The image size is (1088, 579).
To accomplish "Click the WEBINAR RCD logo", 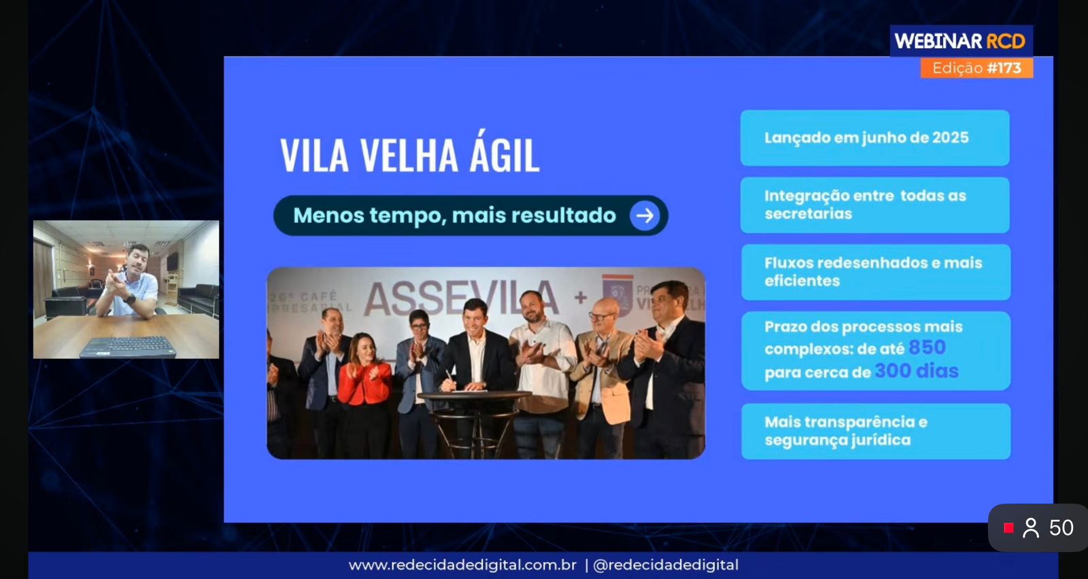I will pyautogui.click(x=959, y=41).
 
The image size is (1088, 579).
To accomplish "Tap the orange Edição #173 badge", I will pyautogui.click(x=976, y=68).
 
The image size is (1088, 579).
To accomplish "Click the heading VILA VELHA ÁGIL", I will pyautogui.click(x=409, y=154).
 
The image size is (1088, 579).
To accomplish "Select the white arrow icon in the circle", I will pyautogui.click(x=645, y=215).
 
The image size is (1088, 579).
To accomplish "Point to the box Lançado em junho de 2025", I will pyautogui.click(x=874, y=138).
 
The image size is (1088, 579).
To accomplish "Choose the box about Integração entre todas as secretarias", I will pyautogui.click(x=874, y=205).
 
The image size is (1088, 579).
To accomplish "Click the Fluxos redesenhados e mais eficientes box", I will pyautogui.click(x=875, y=272).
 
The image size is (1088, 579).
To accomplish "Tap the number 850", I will pyautogui.click(x=927, y=347).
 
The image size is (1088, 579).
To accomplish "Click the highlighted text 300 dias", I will pyautogui.click(x=916, y=371).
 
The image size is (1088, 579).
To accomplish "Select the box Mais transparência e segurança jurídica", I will pyautogui.click(x=875, y=431).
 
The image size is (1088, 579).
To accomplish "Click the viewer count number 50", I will pyautogui.click(x=1061, y=528).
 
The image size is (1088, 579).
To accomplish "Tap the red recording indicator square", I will pyautogui.click(x=1008, y=528).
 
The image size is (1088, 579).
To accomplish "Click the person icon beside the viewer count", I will pyautogui.click(x=1031, y=528).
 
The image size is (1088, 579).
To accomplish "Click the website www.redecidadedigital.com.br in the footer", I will pyautogui.click(x=462, y=565).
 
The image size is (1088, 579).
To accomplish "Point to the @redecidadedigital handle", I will pyautogui.click(x=666, y=565).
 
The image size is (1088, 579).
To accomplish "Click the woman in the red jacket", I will pyautogui.click(x=364, y=381).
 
